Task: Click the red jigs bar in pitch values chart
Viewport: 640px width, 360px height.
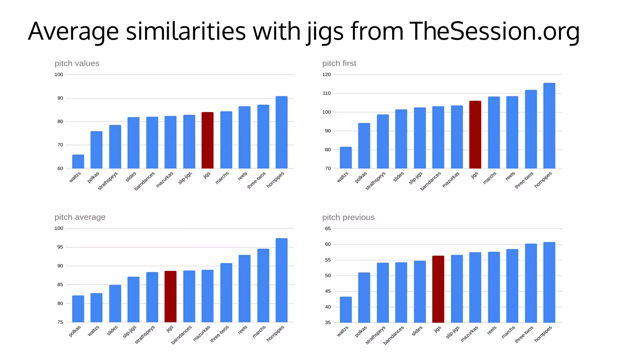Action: pos(207,140)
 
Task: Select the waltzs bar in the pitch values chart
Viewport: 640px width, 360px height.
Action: pos(78,162)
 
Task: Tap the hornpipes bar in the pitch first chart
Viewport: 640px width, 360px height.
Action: pos(549,126)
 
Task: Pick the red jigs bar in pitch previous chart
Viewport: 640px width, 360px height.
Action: pos(438,289)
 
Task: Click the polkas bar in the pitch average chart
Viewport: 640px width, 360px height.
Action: pos(78,309)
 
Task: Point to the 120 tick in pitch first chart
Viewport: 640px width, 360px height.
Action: pos(326,74)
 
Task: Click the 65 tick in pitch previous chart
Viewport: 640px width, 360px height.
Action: pos(327,228)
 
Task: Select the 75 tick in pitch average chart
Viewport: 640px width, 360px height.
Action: pos(60,322)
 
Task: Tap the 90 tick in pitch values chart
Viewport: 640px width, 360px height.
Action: pos(60,98)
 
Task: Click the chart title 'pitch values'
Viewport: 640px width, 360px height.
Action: pos(77,63)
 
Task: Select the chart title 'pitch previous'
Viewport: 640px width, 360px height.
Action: pos(348,217)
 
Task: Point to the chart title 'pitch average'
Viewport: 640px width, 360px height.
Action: pos(80,217)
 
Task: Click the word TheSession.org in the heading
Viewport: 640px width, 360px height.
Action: pos(494,31)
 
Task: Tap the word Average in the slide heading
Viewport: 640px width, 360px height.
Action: pos(73,31)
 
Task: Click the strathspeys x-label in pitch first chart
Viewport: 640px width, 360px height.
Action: pos(376,181)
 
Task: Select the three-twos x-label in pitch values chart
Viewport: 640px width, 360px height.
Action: pos(257,180)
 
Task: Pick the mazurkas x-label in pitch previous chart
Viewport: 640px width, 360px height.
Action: pos(469,334)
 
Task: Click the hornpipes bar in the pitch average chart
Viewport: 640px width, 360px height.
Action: pos(281,280)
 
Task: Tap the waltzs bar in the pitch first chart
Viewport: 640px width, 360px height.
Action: pos(346,157)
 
